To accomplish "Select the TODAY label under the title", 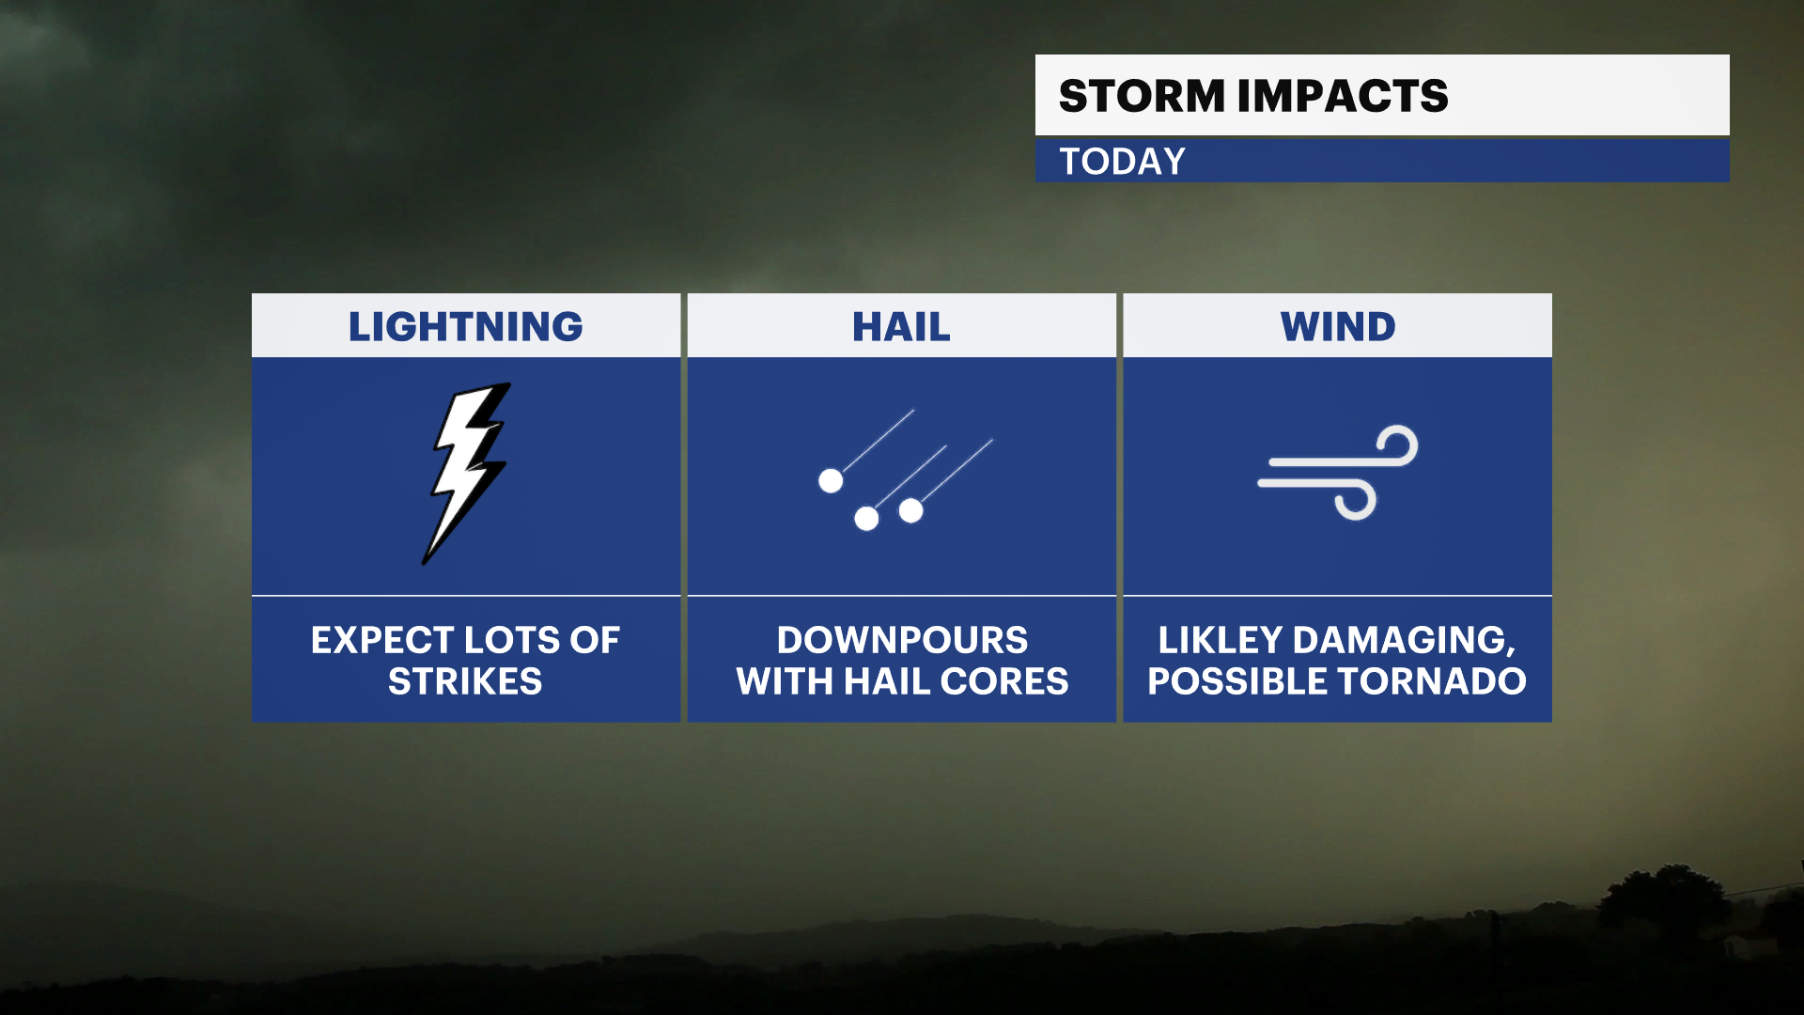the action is click(1122, 162).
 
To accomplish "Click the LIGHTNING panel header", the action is click(465, 326).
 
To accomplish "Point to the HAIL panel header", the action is click(901, 326).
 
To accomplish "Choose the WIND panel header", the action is click(1338, 326).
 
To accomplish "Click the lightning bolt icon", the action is click(467, 473).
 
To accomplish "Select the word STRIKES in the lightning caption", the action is click(465, 681).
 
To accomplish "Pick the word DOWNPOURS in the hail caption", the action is click(902, 640).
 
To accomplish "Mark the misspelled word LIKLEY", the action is click(1220, 640).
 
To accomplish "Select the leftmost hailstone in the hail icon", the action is click(831, 481).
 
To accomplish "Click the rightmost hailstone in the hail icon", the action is click(910, 510).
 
